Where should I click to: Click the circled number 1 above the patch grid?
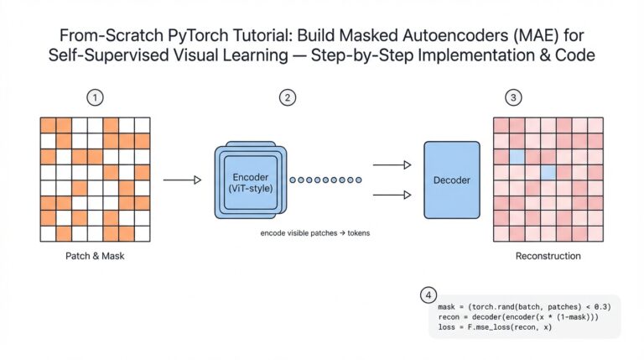(x=96, y=98)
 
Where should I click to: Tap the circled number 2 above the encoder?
(x=288, y=98)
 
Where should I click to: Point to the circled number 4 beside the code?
(x=428, y=295)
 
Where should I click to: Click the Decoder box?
(x=451, y=180)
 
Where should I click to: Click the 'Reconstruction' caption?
(x=548, y=256)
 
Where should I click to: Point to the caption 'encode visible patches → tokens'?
(x=315, y=232)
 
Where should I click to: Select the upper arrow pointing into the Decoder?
(x=392, y=165)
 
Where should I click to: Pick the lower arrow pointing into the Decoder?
(x=392, y=195)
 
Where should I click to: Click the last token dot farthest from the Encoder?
(x=359, y=180)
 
